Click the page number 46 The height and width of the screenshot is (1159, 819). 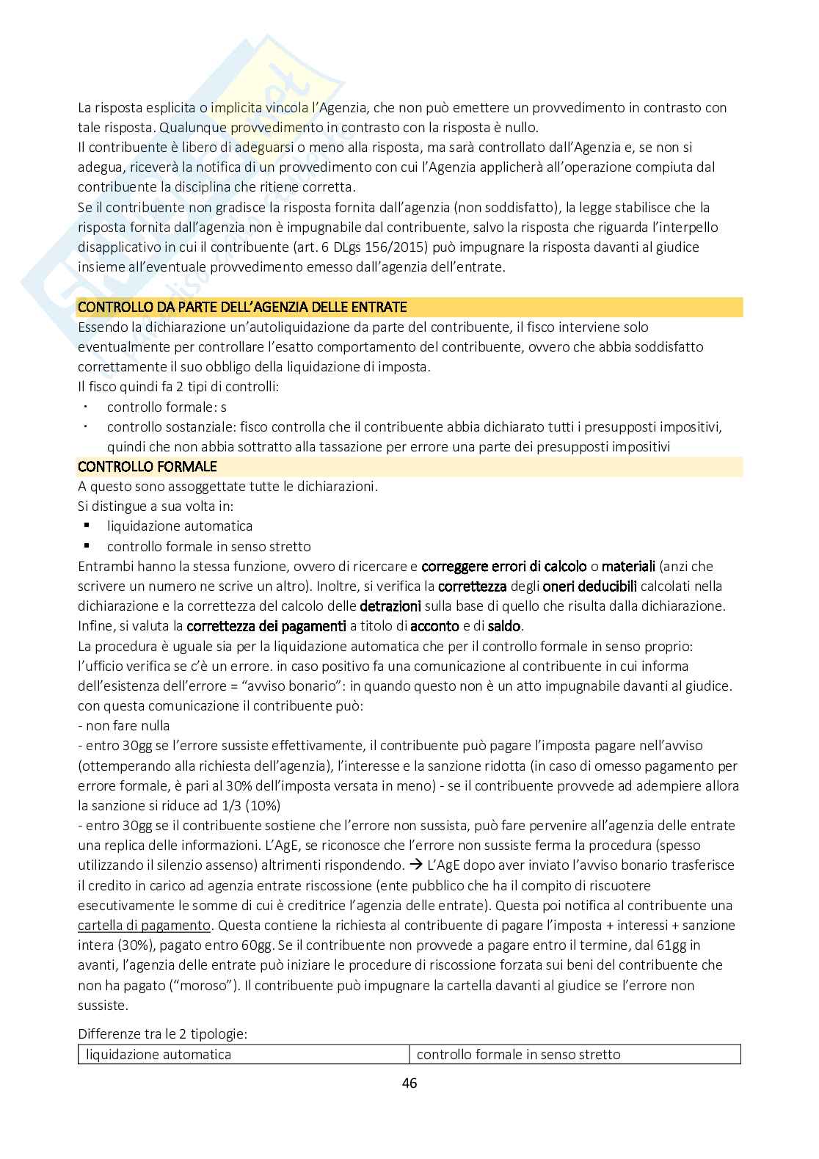[x=409, y=1083]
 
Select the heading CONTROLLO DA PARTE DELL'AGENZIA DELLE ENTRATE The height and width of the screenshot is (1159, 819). [x=242, y=307]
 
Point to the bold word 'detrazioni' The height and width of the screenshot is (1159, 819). [x=390, y=606]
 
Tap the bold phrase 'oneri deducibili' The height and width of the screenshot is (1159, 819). [x=589, y=586]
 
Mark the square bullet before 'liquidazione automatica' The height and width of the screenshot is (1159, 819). [x=87, y=526]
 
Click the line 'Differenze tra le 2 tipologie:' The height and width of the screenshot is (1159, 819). [x=162, y=1034]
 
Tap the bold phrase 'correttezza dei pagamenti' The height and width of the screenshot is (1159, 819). [x=266, y=626]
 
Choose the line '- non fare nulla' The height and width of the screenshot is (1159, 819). [x=124, y=725]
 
